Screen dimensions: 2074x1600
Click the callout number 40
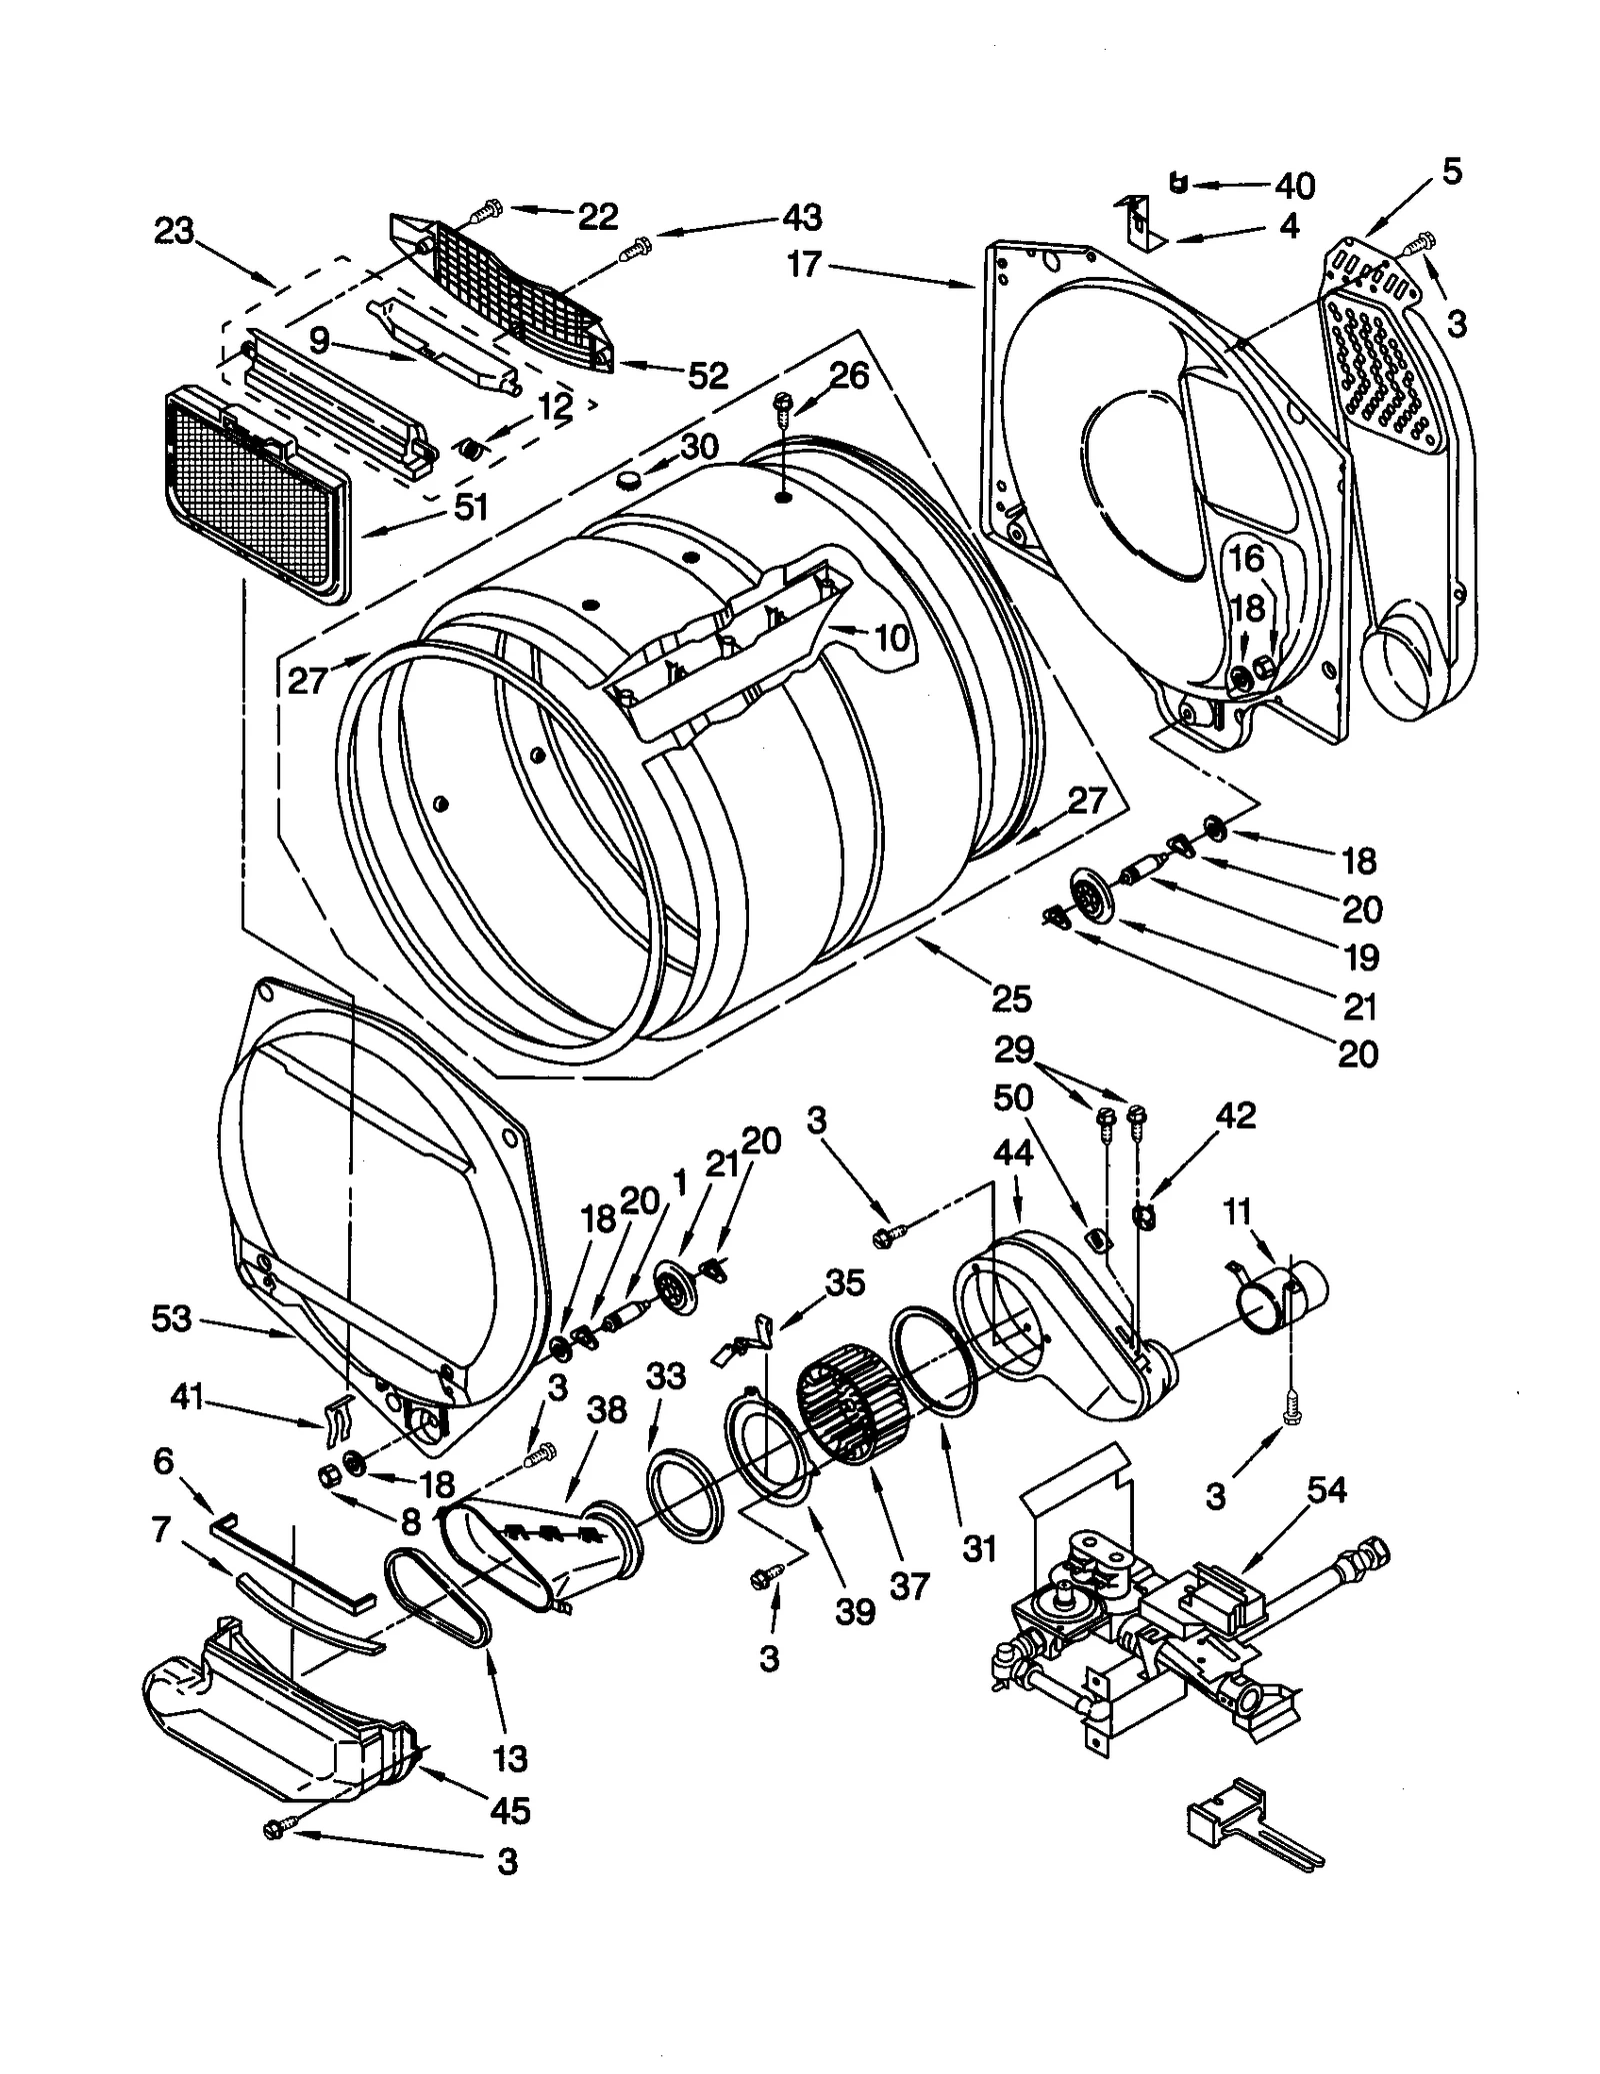click(x=1295, y=186)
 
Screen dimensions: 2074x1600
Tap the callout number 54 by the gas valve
click(x=1328, y=1517)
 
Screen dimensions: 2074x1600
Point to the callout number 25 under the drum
click(x=1012, y=998)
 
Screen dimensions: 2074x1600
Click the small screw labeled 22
click(x=488, y=211)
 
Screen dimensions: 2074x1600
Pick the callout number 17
click(x=804, y=265)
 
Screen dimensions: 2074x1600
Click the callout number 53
click(x=171, y=1318)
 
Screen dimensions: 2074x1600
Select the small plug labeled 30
click(x=628, y=482)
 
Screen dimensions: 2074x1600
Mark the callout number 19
click(x=1361, y=958)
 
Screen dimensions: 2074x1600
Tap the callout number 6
click(x=163, y=1462)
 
